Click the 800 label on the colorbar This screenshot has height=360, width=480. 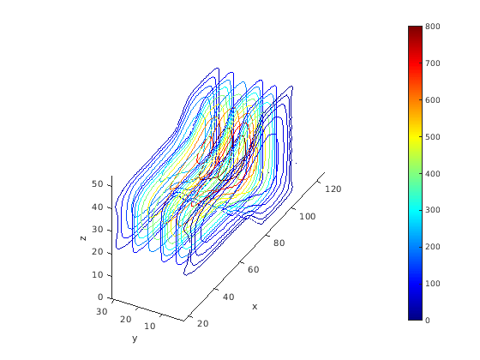tap(433, 27)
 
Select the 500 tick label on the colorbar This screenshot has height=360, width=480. tap(433, 137)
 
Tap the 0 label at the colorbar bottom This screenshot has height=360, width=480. tap(428, 321)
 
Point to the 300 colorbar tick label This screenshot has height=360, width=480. tap(433, 210)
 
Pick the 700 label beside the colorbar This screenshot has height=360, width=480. tap(433, 63)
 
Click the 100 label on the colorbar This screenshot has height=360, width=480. tap(433, 284)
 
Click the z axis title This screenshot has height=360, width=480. tap(82, 238)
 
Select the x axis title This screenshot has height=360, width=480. tap(255, 307)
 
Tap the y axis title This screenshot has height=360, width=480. tap(135, 339)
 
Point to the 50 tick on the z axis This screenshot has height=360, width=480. tap(98, 184)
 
